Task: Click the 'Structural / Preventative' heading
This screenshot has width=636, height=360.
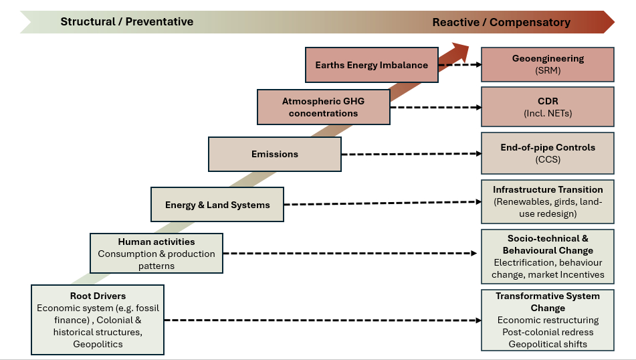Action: pyautogui.click(x=126, y=21)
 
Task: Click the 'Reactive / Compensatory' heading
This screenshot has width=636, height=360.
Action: pyautogui.click(x=501, y=22)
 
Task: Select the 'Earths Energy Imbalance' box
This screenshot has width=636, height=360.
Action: pyautogui.click(x=371, y=65)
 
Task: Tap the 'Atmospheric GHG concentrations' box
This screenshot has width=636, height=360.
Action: pyautogui.click(x=323, y=107)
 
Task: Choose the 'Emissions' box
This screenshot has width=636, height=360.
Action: pyautogui.click(x=274, y=154)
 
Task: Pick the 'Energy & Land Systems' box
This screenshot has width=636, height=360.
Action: pyautogui.click(x=217, y=205)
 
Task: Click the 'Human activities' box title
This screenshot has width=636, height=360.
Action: pyautogui.click(x=156, y=242)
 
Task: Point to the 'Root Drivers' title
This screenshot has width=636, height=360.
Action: pyautogui.click(x=98, y=296)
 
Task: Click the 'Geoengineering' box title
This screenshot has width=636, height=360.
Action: pyautogui.click(x=548, y=58)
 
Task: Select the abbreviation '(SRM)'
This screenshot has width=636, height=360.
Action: pyautogui.click(x=548, y=70)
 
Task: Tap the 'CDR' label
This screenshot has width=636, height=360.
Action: pyautogui.click(x=548, y=101)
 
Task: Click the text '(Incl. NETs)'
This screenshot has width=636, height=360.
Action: pyautogui.click(x=548, y=113)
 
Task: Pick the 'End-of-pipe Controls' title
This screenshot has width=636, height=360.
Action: pyautogui.click(x=548, y=147)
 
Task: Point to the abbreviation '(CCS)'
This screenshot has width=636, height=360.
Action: pyautogui.click(x=548, y=159)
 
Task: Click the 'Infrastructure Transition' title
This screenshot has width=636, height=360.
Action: pyautogui.click(x=548, y=189)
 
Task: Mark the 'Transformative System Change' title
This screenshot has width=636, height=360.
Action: pyautogui.click(x=548, y=302)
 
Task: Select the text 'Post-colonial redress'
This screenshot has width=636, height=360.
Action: pyautogui.click(x=548, y=332)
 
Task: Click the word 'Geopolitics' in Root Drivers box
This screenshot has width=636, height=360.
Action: pyautogui.click(x=98, y=344)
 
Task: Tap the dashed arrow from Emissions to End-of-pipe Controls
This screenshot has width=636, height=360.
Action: pyautogui.click(x=411, y=154)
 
